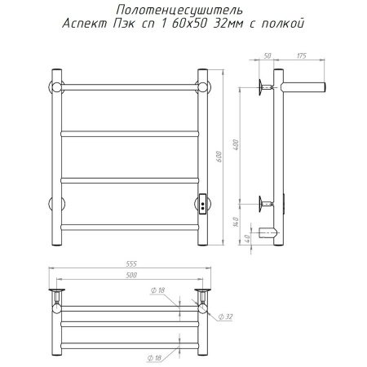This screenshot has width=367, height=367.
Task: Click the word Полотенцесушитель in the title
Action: point(179,11)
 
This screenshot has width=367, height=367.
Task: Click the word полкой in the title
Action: point(283,24)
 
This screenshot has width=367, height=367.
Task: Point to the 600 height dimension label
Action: point(219,157)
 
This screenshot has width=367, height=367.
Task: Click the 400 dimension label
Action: point(236,145)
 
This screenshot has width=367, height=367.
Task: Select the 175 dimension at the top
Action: point(301,55)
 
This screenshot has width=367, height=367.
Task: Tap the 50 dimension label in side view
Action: point(268,55)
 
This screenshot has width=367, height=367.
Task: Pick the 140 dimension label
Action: point(236,222)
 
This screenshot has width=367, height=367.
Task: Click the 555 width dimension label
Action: point(131,263)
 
